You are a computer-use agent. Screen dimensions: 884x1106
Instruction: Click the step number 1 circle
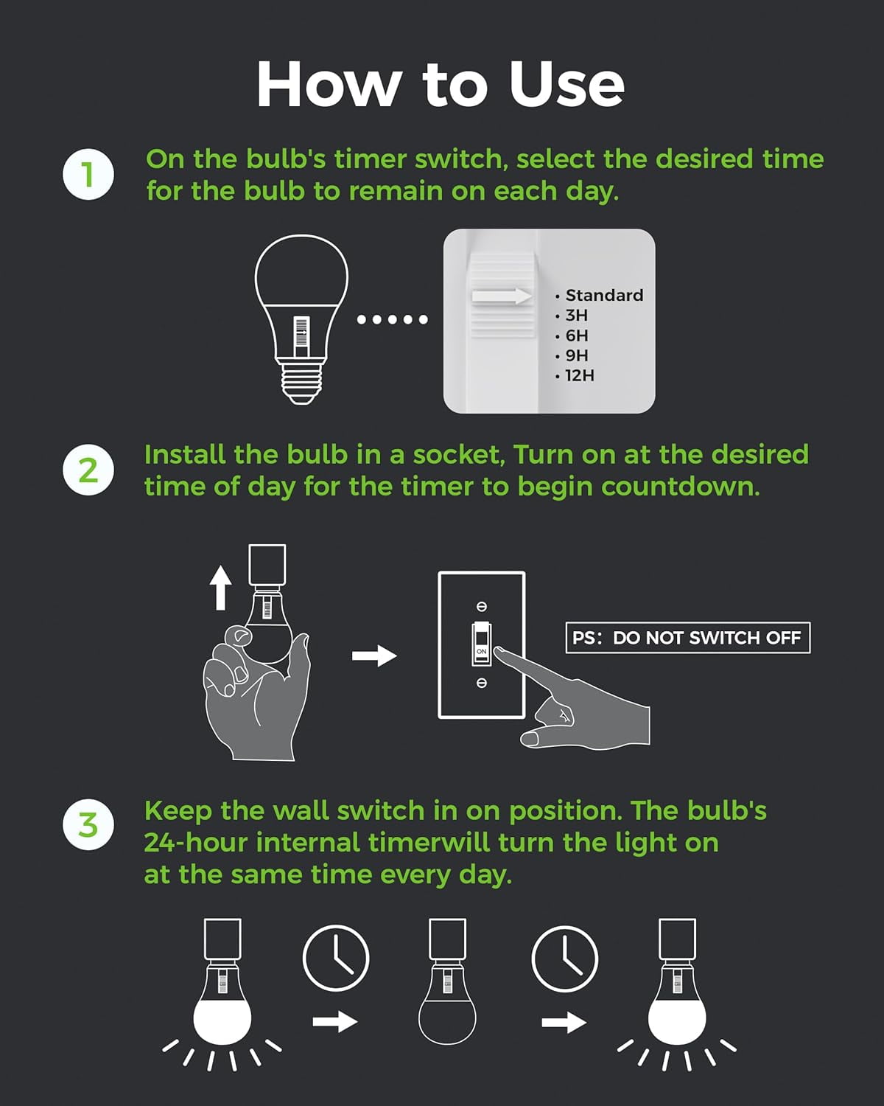[x=88, y=174]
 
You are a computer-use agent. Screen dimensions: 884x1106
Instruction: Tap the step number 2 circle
[x=88, y=470]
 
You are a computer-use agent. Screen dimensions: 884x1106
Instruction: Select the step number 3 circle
[x=88, y=824]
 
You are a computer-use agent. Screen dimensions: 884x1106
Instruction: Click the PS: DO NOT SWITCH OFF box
[x=688, y=638]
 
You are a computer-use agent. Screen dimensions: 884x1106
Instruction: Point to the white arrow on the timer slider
[x=502, y=296]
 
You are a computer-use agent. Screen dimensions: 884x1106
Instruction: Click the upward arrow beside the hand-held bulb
[x=221, y=588]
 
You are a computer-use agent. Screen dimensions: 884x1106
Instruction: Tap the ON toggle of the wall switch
[x=481, y=644]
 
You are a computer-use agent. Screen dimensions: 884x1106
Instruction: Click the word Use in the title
[x=566, y=84]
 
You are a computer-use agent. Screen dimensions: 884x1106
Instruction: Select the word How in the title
[x=329, y=84]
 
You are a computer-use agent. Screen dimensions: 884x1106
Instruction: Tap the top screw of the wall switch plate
[x=482, y=607]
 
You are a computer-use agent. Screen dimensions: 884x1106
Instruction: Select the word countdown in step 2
[x=681, y=486]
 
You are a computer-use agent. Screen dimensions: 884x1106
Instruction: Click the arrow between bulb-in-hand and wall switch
[x=374, y=655]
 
